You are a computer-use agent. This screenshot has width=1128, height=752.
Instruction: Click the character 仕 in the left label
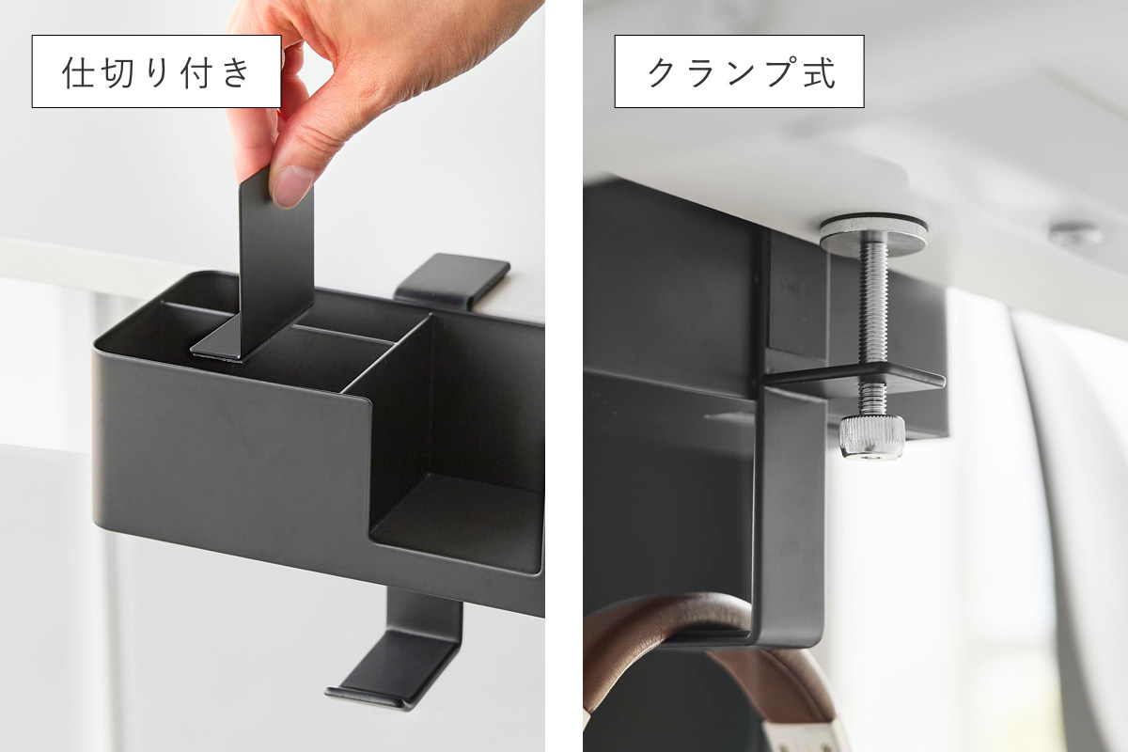point(79,72)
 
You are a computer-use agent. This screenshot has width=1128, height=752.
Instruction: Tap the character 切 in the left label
point(118,72)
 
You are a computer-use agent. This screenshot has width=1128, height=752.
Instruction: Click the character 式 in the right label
point(820,72)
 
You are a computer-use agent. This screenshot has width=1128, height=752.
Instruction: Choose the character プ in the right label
point(780,71)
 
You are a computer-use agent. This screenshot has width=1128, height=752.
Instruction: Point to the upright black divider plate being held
point(276,262)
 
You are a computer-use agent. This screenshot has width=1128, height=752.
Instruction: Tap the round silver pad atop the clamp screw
point(872,234)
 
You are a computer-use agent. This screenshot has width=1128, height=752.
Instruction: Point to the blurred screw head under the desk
point(1076,235)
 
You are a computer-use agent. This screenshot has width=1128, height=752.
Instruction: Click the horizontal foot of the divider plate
point(217,341)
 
